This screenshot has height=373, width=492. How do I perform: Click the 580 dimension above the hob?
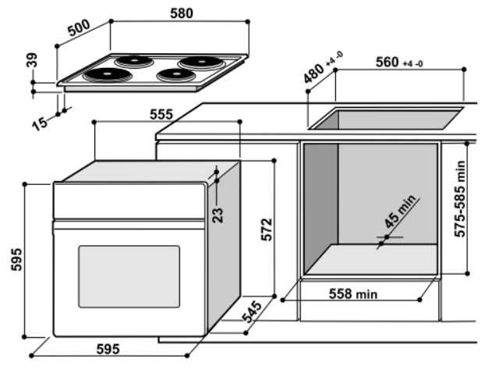coord(182,12)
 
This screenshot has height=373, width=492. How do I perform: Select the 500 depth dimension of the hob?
coord(80,29)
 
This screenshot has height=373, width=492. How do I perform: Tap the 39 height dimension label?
coord(32,61)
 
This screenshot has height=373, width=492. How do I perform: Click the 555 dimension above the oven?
coord(161,114)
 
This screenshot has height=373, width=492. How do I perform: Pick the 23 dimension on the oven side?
coord(218,211)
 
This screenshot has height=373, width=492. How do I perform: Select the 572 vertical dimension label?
coord(267,229)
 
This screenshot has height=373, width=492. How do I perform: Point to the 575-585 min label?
coord(461,198)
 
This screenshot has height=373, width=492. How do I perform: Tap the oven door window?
coord(128,275)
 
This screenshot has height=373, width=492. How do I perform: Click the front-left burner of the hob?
coord(102,75)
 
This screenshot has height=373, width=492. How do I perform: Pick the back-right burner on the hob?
coord(196,62)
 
